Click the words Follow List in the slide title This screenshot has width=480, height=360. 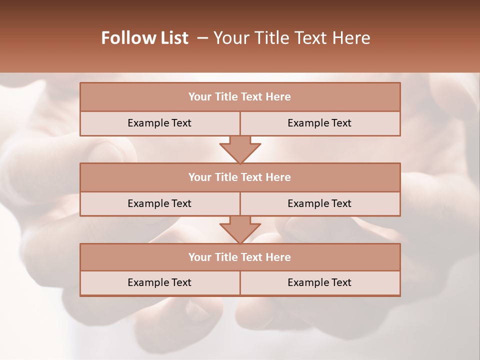(144, 38)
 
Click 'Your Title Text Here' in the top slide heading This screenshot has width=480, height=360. (291, 38)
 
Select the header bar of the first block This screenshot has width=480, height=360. (240, 97)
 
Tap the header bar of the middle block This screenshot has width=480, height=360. (240, 177)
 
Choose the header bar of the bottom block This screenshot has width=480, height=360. (240, 257)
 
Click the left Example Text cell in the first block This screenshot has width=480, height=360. (159, 123)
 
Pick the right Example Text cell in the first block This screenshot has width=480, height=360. (319, 123)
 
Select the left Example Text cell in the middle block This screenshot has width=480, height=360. (159, 203)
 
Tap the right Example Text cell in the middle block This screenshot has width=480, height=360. (319, 203)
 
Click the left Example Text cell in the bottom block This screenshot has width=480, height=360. (159, 282)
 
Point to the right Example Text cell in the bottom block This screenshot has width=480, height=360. (319, 282)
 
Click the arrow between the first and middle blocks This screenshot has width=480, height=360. (240, 149)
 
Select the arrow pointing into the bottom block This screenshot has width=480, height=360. (240, 230)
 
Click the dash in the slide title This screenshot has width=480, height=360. (202, 38)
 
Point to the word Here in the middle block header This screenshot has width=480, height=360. (278, 177)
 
